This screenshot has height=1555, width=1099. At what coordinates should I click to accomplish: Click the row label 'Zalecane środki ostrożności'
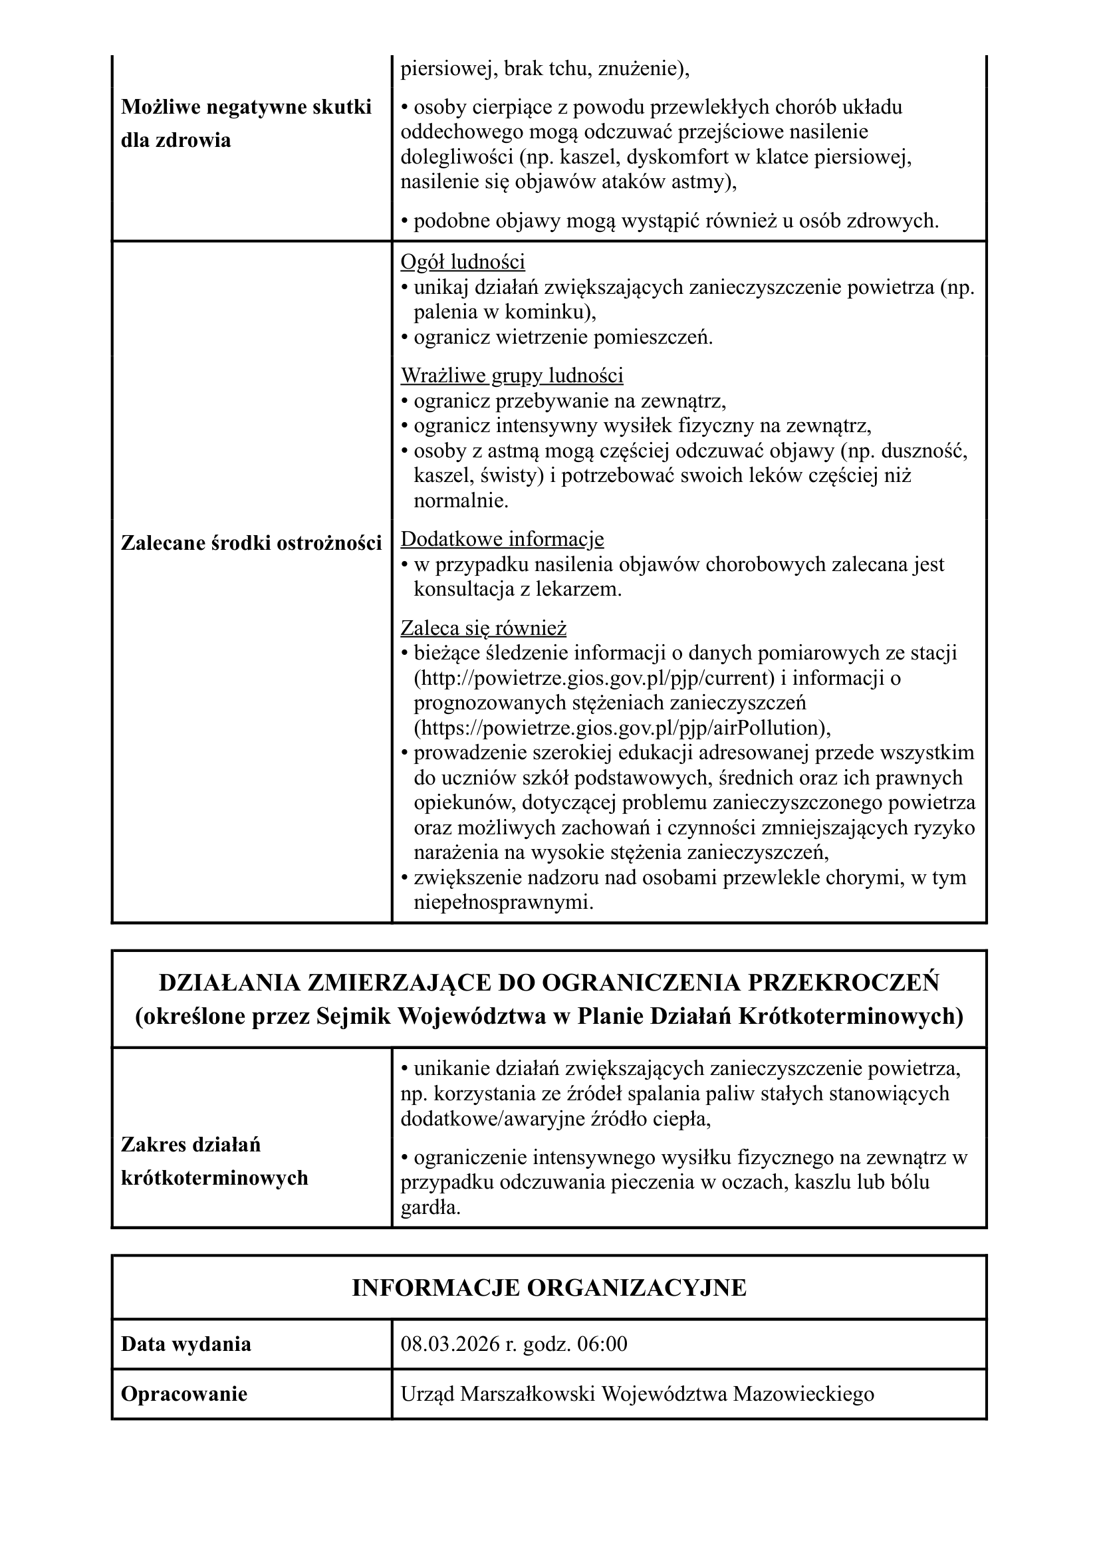point(251,543)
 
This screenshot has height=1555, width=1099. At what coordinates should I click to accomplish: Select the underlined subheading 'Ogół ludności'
point(463,261)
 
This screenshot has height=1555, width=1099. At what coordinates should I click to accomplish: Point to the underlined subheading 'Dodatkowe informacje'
point(502,539)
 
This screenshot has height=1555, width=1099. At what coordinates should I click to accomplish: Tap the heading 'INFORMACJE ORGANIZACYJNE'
point(549,1288)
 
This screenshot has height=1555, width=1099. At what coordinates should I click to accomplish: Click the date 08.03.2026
point(450,1344)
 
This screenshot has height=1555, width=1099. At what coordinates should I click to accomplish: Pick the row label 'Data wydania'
point(185,1344)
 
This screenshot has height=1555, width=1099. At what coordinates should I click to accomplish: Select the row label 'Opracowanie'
point(183,1394)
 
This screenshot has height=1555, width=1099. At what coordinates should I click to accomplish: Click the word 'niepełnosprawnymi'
point(503,903)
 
